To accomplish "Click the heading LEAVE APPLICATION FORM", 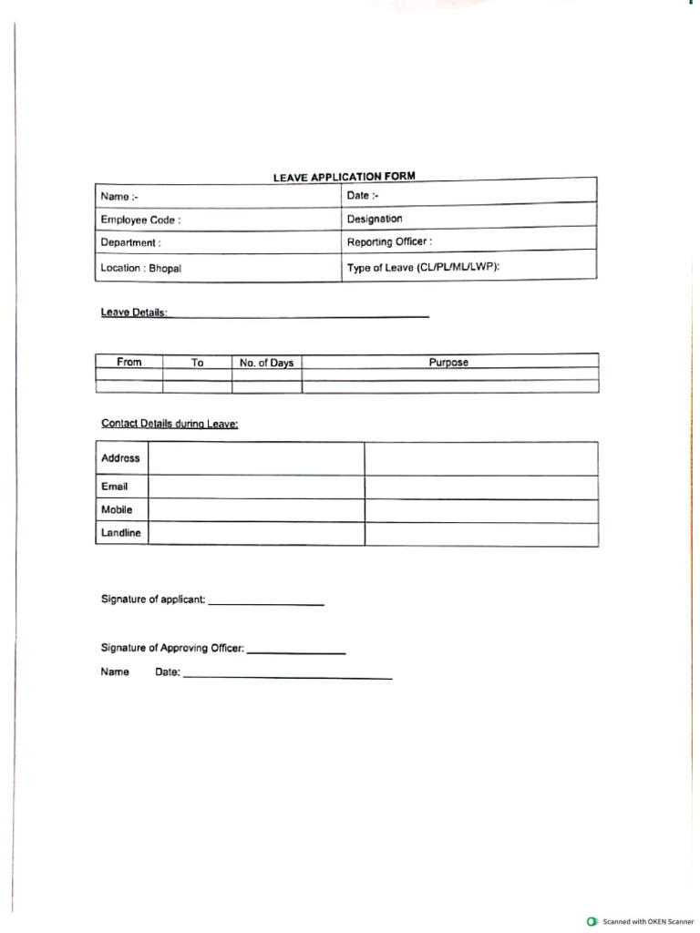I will pyautogui.click(x=344, y=177).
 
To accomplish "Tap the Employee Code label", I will pyautogui.click(x=140, y=220).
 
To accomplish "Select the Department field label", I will pyautogui.click(x=130, y=243).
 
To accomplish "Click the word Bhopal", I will pyautogui.click(x=166, y=269).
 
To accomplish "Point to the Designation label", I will pyautogui.click(x=375, y=219).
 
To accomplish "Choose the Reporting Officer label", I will pyautogui.click(x=389, y=242).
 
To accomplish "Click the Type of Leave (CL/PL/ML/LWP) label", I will pyautogui.click(x=424, y=268).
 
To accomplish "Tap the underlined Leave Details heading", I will pyautogui.click(x=134, y=313).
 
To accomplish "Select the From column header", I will pyautogui.click(x=129, y=363).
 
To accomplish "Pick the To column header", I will pyautogui.click(x=197, y=363).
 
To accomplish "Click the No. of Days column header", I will pyautogui.click(x=266, y=363).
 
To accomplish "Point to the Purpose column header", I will pyautogui.click(x=448, y=363).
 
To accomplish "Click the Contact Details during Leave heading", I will pyautogui.click(x=170, y=424).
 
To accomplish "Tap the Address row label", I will pyautogui.click(x=120, y=458).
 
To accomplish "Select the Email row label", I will pyautogui.click(x=115, y=487).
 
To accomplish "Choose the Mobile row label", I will pyautogui.click(x=117, y=510).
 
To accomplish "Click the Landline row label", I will pyautogui.click(x=121, y=533).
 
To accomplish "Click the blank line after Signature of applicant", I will pyautogui.click(x=266, y=603).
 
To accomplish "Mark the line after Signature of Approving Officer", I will pyautogui.click(x=296, y=651).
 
